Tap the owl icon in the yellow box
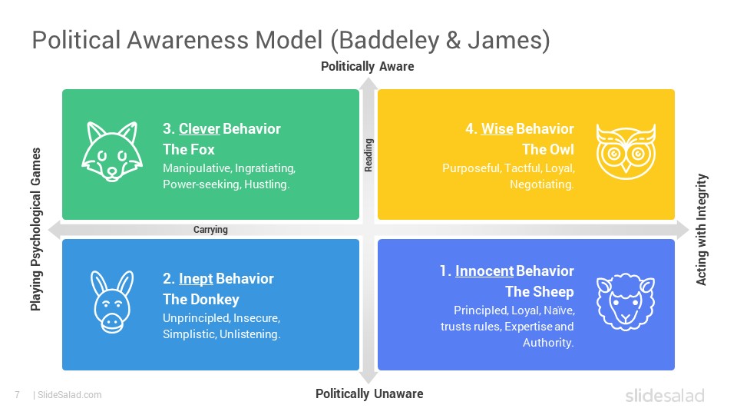pos(626,152)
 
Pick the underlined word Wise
pos(497,129)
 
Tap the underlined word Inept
pos(196,278)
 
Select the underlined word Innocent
pos(484,271)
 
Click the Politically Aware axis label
pos(367,67)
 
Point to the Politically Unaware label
pos(369,394)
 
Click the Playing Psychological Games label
pos(35,229)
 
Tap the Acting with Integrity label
pos(701,230)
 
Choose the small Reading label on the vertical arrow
pos(368,154)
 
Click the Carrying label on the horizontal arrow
pos(210,230)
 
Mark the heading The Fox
pos(189,149)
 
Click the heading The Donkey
pos(201,299)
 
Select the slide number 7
pos(16,395)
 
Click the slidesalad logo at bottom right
pos(664,396)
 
